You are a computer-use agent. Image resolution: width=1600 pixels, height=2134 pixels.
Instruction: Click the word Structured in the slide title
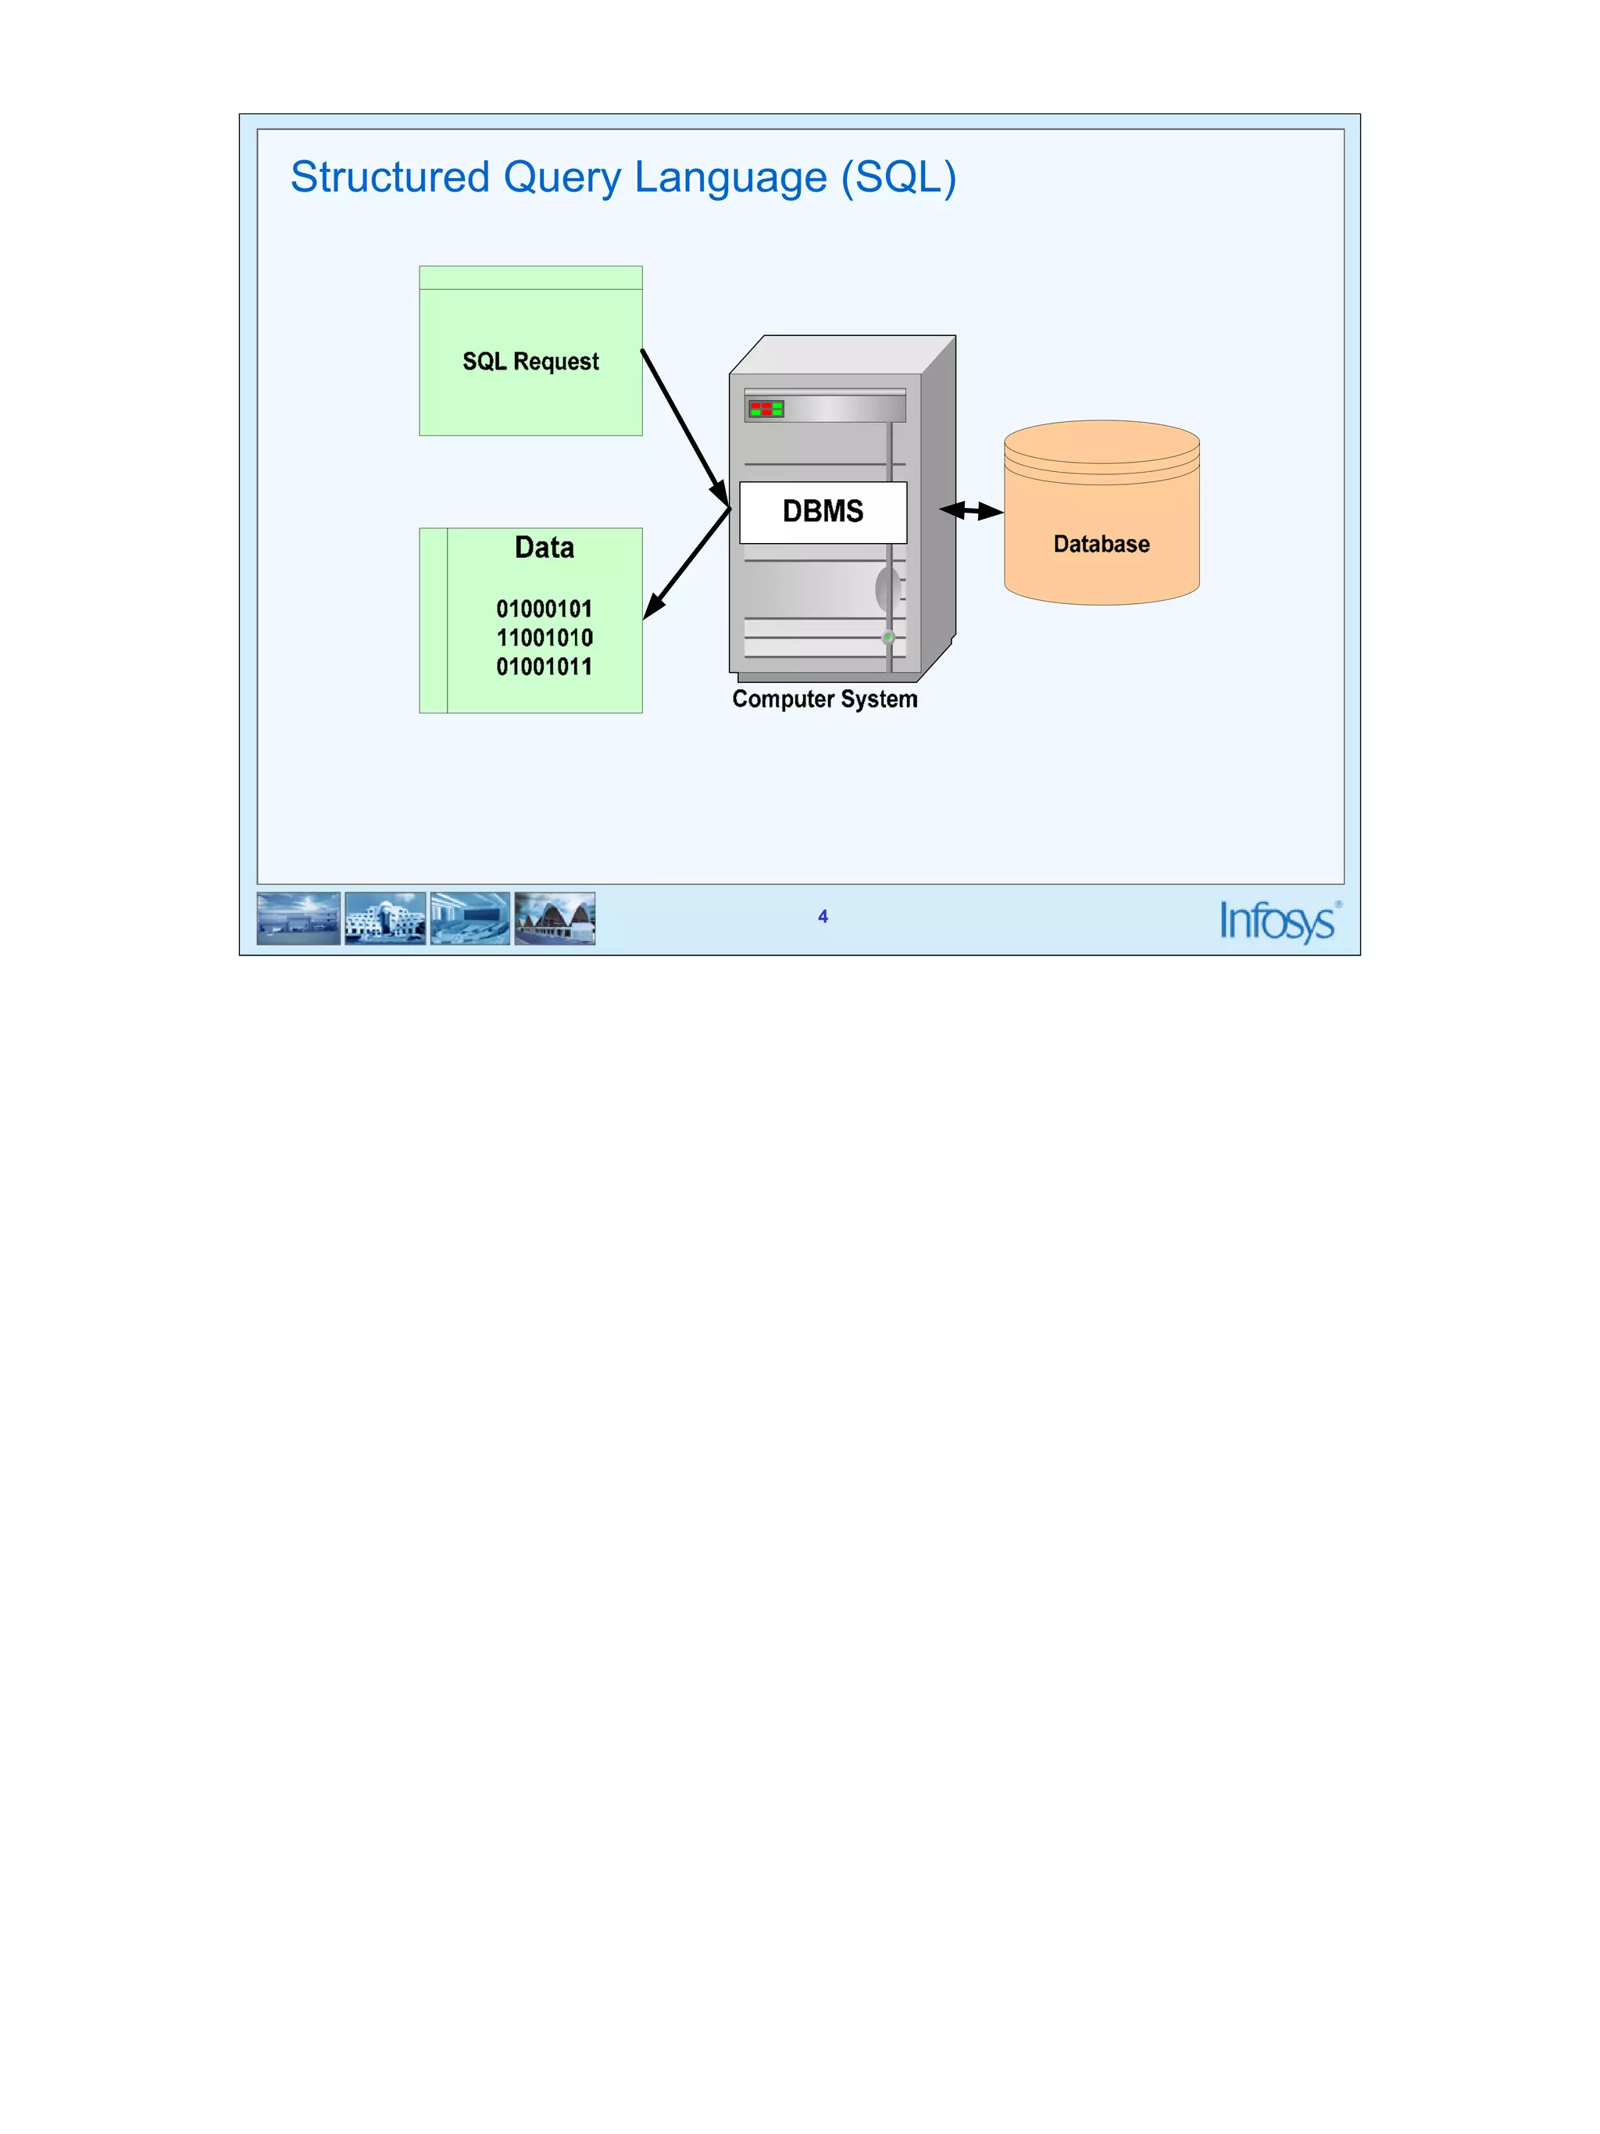[390, 177]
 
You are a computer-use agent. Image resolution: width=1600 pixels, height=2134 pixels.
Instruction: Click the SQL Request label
[530, 362]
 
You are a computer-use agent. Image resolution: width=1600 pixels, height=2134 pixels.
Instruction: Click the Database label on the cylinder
[1102, 544]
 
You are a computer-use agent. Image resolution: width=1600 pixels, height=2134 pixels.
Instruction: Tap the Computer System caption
[824, 699]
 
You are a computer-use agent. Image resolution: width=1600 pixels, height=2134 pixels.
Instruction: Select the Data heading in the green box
[544, 548]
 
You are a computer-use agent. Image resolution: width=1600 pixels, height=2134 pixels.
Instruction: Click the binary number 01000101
[544, 609]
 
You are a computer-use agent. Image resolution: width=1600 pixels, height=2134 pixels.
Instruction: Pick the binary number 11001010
[544, 638]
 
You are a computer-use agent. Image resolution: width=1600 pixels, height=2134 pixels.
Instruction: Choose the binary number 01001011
[544, 667]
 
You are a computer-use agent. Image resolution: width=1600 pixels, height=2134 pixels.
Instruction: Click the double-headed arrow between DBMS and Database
[971, 510]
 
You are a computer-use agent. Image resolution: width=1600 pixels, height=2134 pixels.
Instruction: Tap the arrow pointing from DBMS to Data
[687, 563]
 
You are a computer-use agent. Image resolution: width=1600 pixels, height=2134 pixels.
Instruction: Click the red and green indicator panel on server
[766, 409]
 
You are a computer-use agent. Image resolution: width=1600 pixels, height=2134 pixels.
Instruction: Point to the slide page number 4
[823, 917]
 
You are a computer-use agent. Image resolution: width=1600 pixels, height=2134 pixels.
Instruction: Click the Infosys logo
[1278, 920]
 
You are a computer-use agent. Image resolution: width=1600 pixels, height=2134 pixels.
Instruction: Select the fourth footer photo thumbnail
[555, 918]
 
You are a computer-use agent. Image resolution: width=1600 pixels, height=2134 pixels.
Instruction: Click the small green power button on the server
[888, 637]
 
